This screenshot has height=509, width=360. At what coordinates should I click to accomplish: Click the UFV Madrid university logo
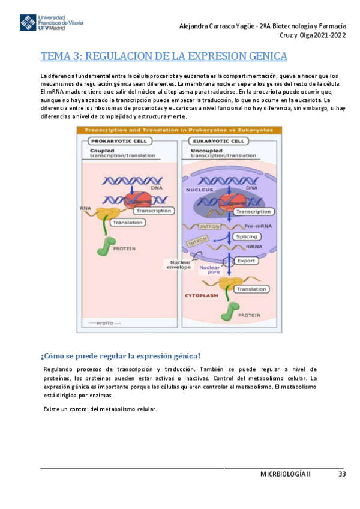click(51, 22)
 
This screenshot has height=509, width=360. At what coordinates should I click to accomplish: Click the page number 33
click(342, 474)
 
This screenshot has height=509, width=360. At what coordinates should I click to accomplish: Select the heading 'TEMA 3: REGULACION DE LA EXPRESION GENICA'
click(164, 56)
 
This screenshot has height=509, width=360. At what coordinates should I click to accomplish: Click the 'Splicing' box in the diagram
click(246, 237)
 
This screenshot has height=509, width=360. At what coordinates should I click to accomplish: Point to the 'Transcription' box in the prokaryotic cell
click(153, 211)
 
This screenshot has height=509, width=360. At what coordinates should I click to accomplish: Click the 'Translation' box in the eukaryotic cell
click(251, 289)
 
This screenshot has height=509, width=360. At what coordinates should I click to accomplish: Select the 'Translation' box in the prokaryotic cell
click(127, 223)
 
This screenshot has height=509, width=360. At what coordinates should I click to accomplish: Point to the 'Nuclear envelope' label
click(180, 264)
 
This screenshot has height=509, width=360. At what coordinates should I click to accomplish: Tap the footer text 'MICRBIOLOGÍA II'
click(286, 474)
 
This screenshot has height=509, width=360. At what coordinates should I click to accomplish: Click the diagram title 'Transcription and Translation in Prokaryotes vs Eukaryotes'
click(178, 130)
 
